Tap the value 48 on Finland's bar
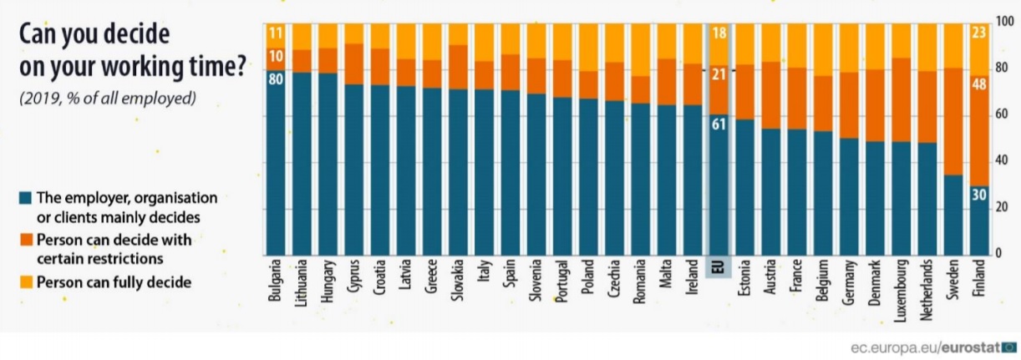pyautogui.click(x=978, y=85)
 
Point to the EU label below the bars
pyautogui.click(x=719, y=267)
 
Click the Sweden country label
pyautogui.click(x=953, y=275)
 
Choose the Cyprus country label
pyautogui.click(x=353, y=273)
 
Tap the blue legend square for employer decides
pyautogui.click(x=24, y=199)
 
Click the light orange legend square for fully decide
pyautogui.click(x=24, y=282)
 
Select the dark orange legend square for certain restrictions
pyautogui.click(x=24, y=241)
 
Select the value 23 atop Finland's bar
pyautogui.click(x=978, y=34)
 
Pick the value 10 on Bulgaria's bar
pyautogui.click(x=275, y=57)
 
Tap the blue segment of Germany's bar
pyautogui.click(x=848, y=196)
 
